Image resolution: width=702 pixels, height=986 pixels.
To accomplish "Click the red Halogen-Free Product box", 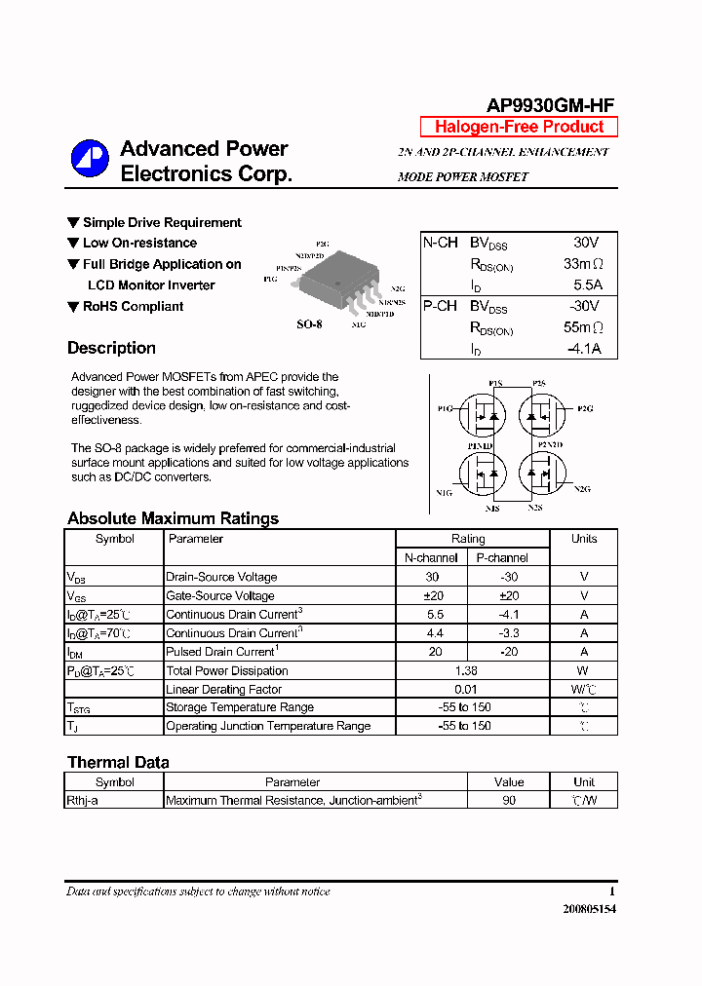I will pos(519,127).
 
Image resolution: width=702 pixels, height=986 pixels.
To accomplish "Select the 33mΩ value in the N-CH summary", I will pos(584,263).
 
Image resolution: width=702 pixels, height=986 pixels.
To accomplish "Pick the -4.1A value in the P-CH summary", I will pos(585,349).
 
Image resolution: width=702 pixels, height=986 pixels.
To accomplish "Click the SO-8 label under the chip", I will pos(309,324).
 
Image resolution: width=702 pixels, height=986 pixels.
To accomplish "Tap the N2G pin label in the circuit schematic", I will pos(582,488).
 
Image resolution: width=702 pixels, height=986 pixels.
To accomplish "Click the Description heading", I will pos(111,348).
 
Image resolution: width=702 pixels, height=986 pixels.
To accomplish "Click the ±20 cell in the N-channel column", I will pos(433,595).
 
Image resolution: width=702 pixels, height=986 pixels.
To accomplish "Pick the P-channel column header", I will pos(502,557).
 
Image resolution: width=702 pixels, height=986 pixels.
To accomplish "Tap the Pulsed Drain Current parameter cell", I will pos(220,652).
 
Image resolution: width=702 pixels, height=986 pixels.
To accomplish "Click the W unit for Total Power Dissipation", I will pos(584,670).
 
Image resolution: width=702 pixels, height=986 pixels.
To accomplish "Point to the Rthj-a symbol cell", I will pos(82,800).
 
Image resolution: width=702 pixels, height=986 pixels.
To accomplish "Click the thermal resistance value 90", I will pos(509,800).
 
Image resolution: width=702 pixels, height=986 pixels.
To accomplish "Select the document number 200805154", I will pos(589,909).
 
